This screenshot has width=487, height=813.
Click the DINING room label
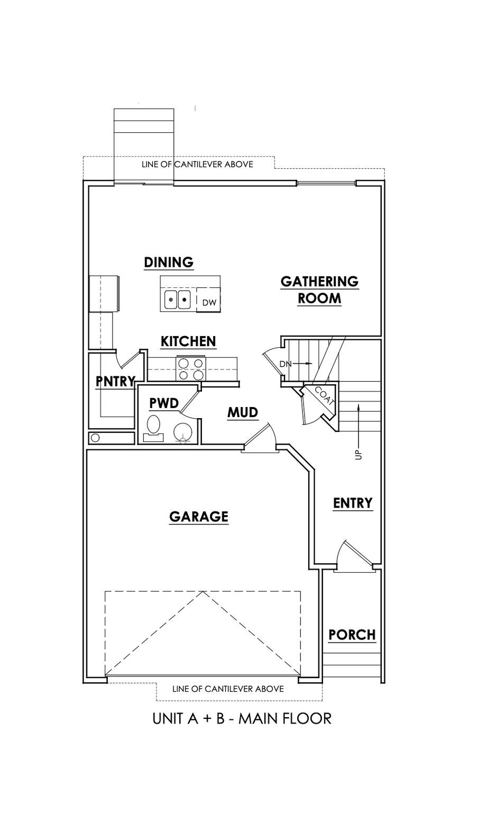click(x=169, y=262)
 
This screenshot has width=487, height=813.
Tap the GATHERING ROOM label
click(x=319, y=290)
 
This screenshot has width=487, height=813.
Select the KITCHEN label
click(x=188, y=341)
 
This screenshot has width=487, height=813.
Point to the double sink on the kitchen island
click(x=177, y=300)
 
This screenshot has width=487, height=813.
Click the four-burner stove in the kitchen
click(x=191, y=369)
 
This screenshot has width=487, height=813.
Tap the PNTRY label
click(x=115, y=381)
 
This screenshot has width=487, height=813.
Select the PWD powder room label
click(x=164, y=403)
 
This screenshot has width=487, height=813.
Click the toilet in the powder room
click(x=153, y=428)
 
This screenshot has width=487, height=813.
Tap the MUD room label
click(x=243, y=412)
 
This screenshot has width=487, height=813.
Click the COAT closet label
click(x=325, y=396)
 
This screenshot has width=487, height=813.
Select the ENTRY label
click(x=353, y=503)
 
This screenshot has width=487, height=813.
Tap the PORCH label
click(x=352, y=635)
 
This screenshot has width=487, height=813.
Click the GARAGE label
click(x=198, y=517)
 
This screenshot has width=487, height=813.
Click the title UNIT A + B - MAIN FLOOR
click(x=242, y=718)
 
